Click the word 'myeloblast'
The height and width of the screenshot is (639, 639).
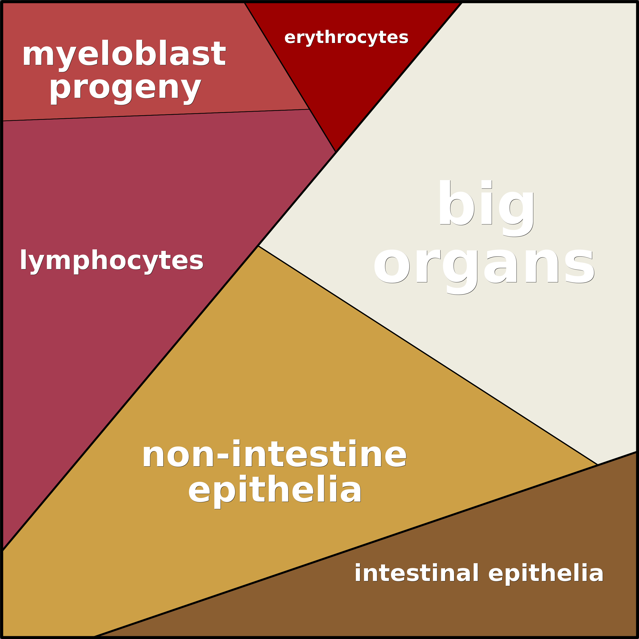(124, 54)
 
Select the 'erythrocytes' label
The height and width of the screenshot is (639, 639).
(346, 37)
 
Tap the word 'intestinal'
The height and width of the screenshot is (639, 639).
(416, 573)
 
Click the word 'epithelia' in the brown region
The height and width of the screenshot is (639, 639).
(546, 573)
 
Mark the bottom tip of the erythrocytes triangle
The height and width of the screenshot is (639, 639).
(336, 151)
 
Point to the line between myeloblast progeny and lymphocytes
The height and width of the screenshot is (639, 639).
(155, 115)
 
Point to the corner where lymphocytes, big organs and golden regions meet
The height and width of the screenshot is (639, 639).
(258, 246)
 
